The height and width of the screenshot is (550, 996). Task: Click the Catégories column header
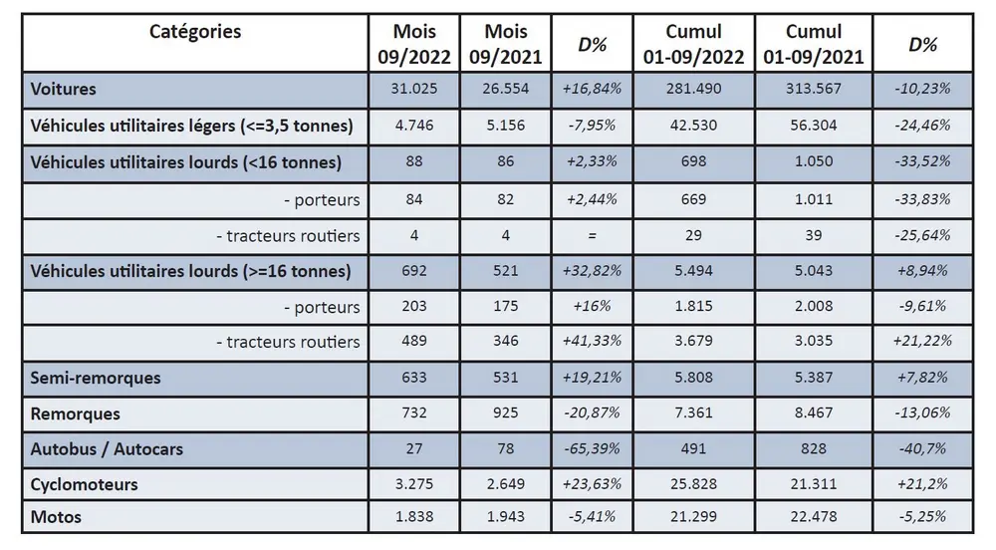tap(195, 32)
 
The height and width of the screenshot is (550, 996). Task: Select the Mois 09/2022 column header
tap(414, 44)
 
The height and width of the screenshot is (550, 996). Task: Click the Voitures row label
tap(64, 89)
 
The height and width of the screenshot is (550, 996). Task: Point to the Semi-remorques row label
tap(96, 379)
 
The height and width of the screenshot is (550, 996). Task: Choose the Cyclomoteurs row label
tap(85, 484)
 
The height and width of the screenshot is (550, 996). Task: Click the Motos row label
tap(56, 517)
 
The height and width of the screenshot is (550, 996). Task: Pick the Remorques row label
tap(76, 413)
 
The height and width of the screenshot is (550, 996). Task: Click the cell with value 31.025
tap(414, 89)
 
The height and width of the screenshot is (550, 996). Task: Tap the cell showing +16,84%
tap(593, 89)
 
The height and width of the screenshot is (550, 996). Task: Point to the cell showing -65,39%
tap(593, 449)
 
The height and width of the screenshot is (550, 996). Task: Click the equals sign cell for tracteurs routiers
tap(593, 236)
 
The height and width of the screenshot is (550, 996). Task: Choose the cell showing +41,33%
tap(593, 342)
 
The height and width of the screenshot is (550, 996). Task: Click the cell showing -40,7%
tap(921, 449)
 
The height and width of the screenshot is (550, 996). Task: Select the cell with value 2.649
tap(505, 484)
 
